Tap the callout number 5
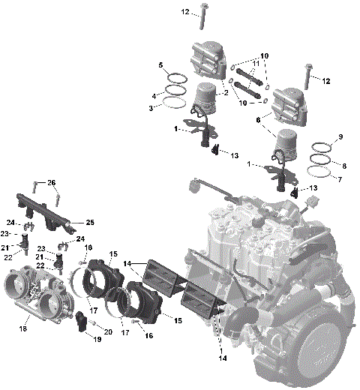click(160, 66)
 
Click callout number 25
click(89, 222)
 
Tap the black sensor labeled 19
click(82, 322)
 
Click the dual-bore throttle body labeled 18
click(37, 294)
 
